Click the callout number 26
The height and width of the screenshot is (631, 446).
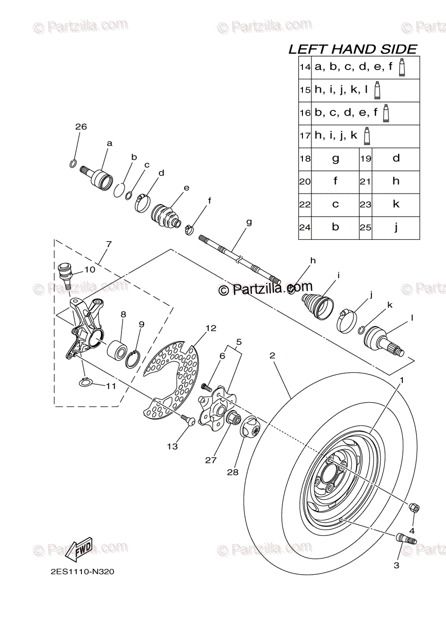[x=80, y=127]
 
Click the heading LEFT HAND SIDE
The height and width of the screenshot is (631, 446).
[x=352, y=49]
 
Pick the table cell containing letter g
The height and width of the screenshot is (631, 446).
[x=336, y=158]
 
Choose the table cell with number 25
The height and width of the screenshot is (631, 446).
[x=366, y=228]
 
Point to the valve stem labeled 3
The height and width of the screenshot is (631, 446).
[x=406, y=538]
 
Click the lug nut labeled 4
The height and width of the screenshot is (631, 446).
[x=414, y=507]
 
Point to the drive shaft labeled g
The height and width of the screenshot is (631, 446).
[x=240, y=258]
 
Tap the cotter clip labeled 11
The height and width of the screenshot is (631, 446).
[x=87, y=382]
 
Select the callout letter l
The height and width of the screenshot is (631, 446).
[x=412, y=318]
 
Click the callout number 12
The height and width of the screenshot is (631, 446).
[x=211, y=328]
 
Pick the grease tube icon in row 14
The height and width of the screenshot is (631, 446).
[x=401, y=68]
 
